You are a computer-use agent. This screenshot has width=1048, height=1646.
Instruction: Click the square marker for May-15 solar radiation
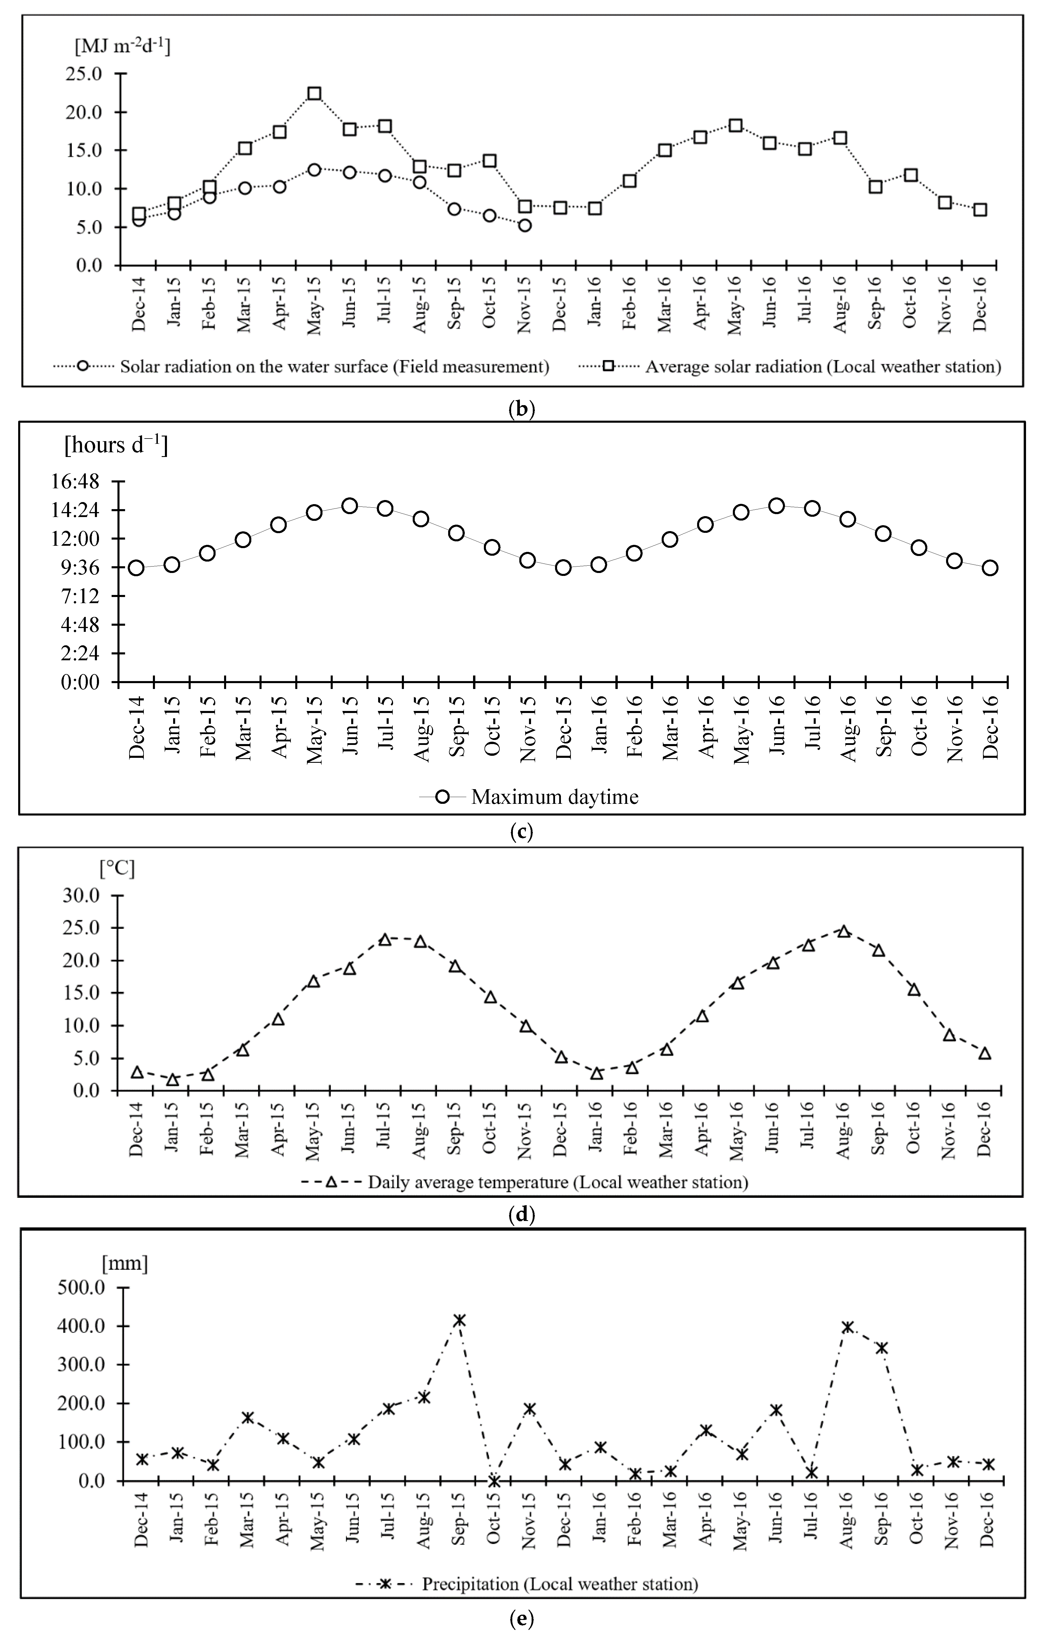click(314, 94)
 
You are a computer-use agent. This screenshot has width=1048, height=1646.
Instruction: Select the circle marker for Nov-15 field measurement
click(524, 226)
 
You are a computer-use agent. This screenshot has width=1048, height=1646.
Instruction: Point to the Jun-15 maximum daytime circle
click(350, 506)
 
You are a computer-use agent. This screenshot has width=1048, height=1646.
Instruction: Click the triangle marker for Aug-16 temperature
click(844, 932)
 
